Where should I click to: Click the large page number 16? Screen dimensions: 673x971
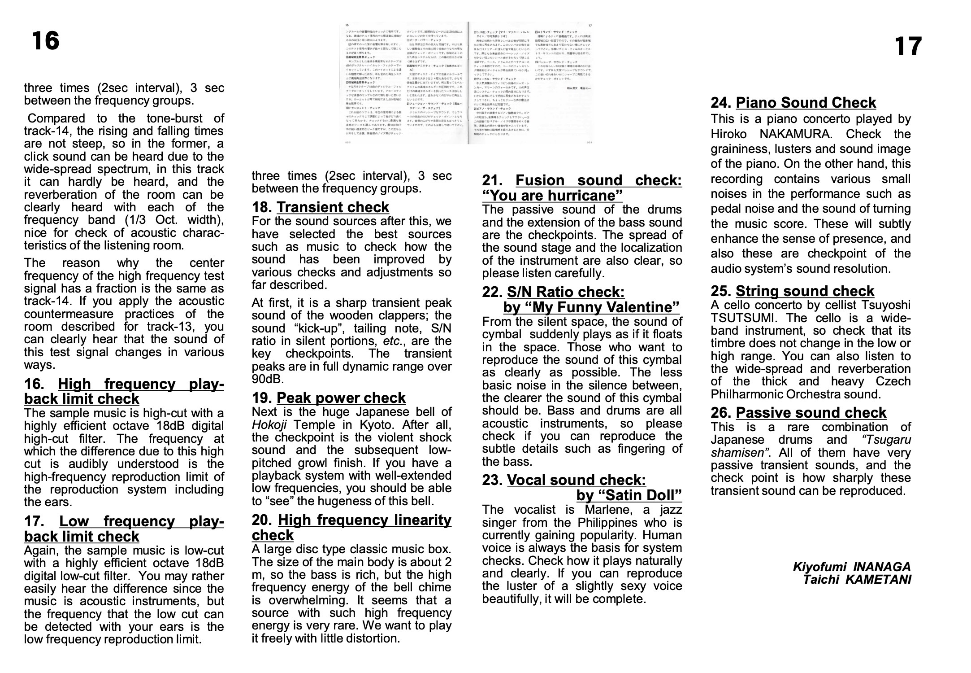click(45, 41)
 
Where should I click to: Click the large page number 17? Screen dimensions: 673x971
click(908, 47)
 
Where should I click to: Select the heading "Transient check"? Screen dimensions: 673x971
click(333, 207)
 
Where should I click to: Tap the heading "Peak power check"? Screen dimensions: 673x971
click(341, 398)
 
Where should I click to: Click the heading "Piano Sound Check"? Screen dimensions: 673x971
click(806, 103)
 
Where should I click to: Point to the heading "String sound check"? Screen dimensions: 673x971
click(805, 291)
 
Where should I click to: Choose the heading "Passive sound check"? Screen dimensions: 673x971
click(811, 413)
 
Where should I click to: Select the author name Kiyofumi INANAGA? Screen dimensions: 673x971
click(852, 567)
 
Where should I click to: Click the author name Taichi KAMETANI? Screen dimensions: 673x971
click(857, 579)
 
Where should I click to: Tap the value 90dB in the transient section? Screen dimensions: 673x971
click(268, 379)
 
